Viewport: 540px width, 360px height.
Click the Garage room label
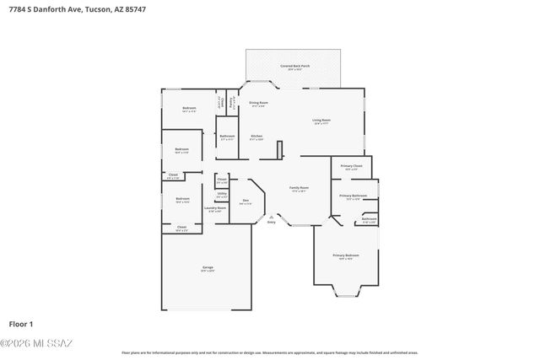tap(207, 268)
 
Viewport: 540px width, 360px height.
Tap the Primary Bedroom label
tap(345, 255)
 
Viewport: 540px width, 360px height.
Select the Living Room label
tap(321, 121)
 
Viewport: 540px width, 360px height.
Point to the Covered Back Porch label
tap(294, 66)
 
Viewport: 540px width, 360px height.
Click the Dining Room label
tap(257, 103)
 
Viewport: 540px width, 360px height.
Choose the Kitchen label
tap(256, 137)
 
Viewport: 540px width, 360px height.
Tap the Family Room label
tap(300, 188)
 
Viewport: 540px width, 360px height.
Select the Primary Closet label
tap(351, 167)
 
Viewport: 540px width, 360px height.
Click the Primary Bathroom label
tap(353, 196)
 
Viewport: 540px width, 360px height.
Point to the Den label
tap(246, 201)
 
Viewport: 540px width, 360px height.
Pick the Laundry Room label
tap(215, 208)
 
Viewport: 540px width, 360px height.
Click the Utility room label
tap(221, 194)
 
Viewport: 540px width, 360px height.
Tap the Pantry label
tap(232, 102)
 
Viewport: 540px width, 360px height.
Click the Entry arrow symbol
tap(271, 217)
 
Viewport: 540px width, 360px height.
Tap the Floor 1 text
tap(20, 324)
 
